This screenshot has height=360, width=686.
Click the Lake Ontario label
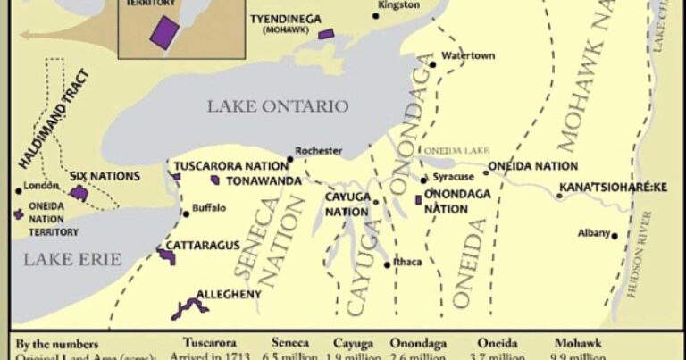(278, 106)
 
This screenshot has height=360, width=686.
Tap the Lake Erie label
(61, 259)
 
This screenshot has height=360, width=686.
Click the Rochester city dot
(289, 160)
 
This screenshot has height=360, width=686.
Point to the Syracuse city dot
(424, 180)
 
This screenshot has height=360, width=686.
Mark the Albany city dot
(615, 236)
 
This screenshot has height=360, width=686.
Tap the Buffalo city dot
(185, 212)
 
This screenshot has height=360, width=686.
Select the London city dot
(18, 190)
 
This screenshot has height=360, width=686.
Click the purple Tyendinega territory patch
(326, 34)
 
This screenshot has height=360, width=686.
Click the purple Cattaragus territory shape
(167, 255)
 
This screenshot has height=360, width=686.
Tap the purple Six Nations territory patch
(79, 192)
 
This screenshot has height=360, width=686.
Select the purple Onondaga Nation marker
(418, 198)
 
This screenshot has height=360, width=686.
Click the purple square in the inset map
(163, 30)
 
